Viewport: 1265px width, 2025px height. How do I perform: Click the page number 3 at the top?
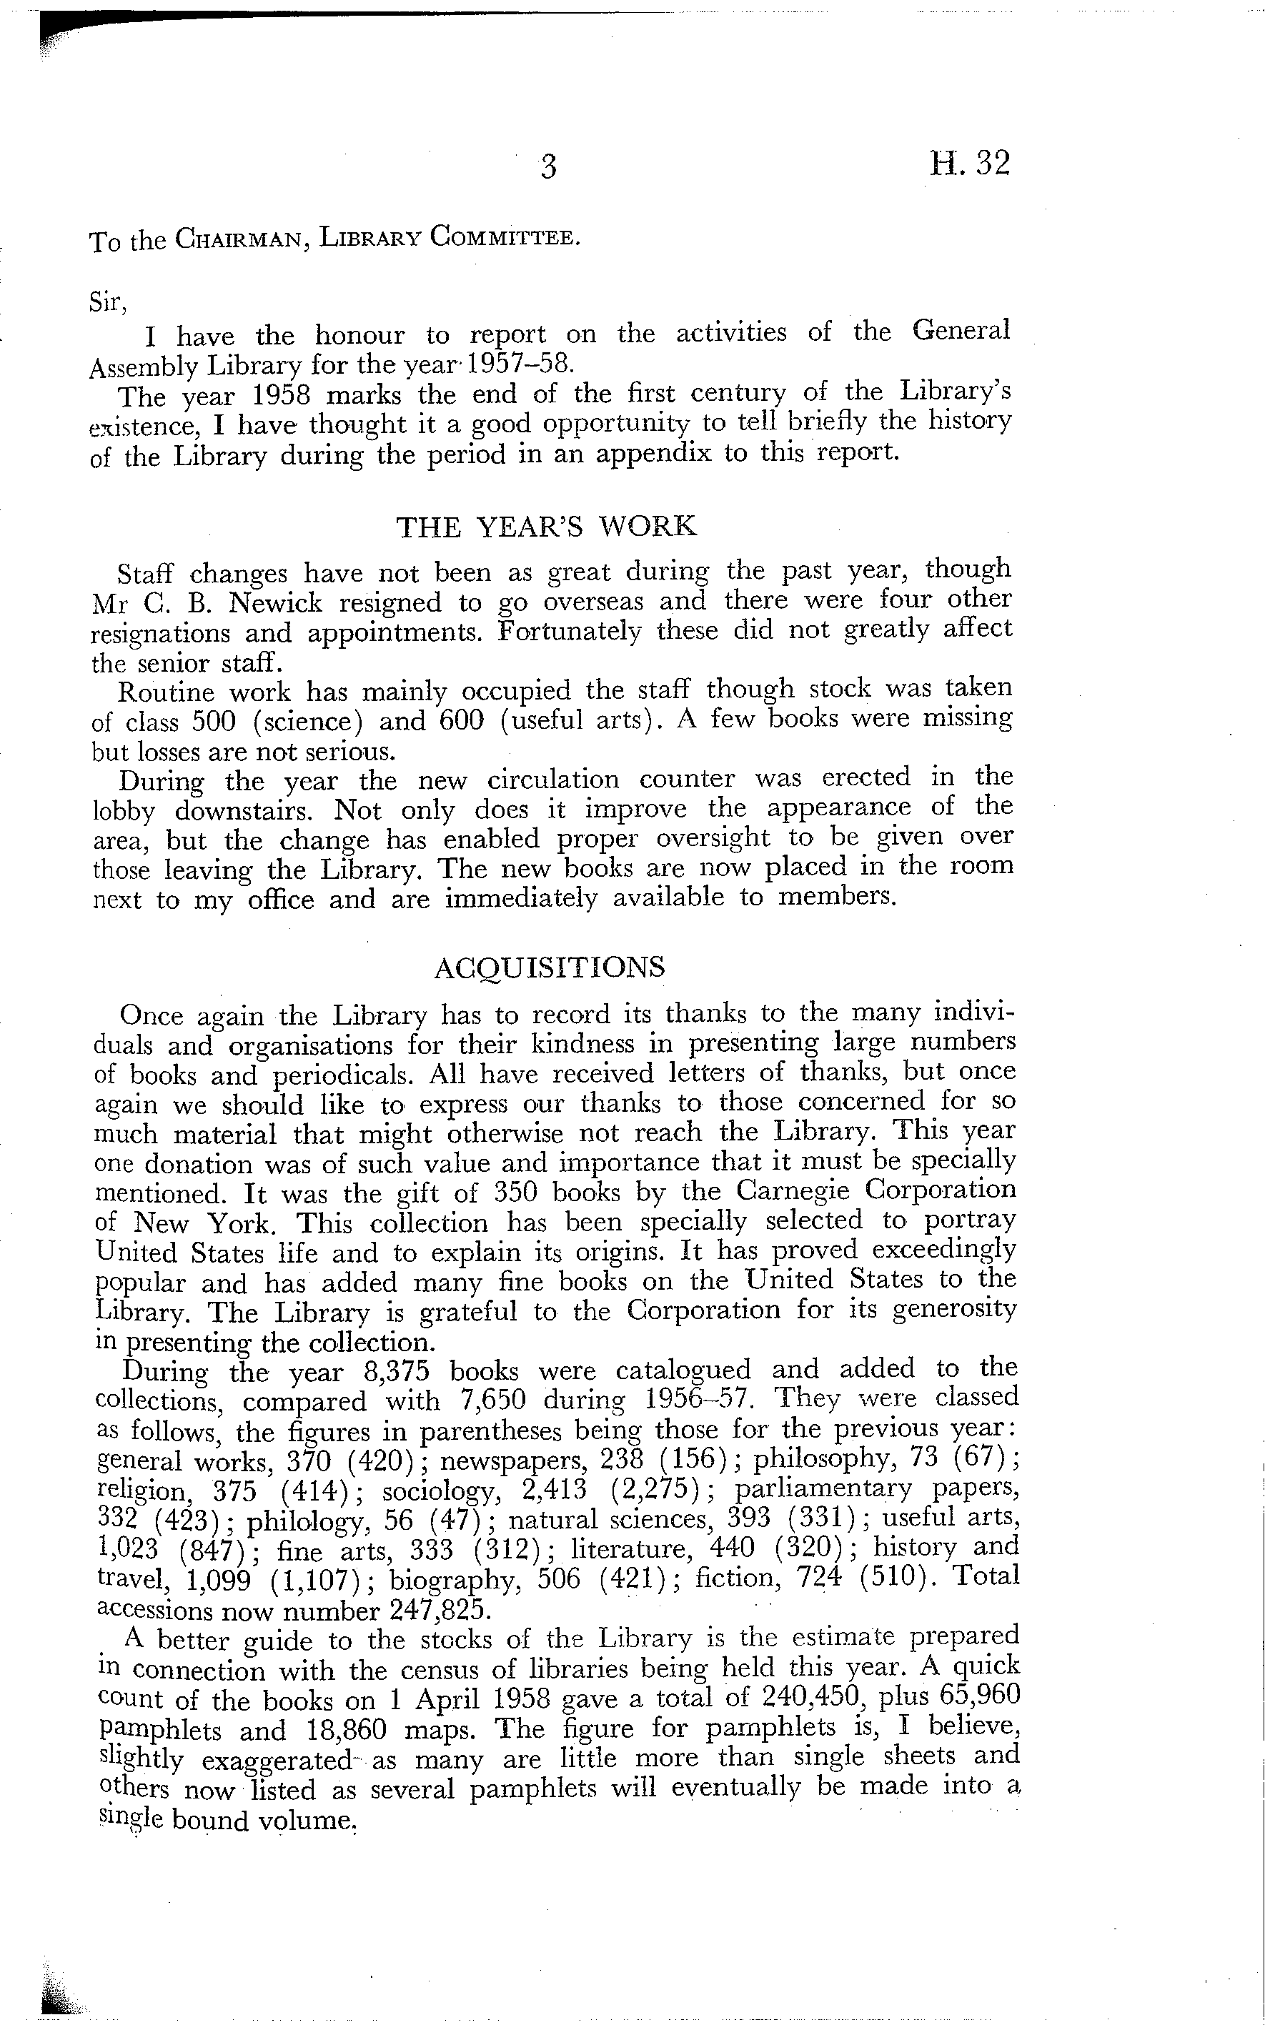tap(548, 167)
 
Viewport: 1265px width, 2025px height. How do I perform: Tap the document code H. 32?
tap(970, 163)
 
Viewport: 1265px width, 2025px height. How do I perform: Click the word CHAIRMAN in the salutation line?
tap(234, 240)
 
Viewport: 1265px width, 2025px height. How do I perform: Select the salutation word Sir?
tap(106, 302)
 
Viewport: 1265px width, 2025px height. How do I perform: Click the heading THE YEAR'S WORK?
tap(545, 527)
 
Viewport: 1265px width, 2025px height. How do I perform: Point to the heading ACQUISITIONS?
tap(550, 967)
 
